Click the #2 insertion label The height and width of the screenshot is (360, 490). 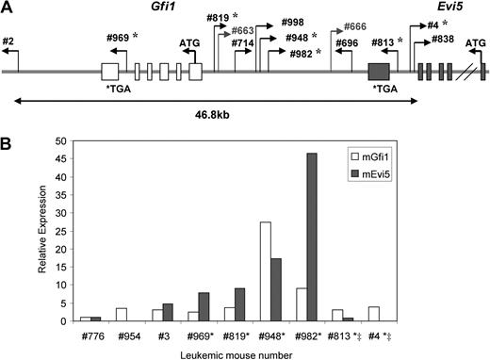pos(9,41)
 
